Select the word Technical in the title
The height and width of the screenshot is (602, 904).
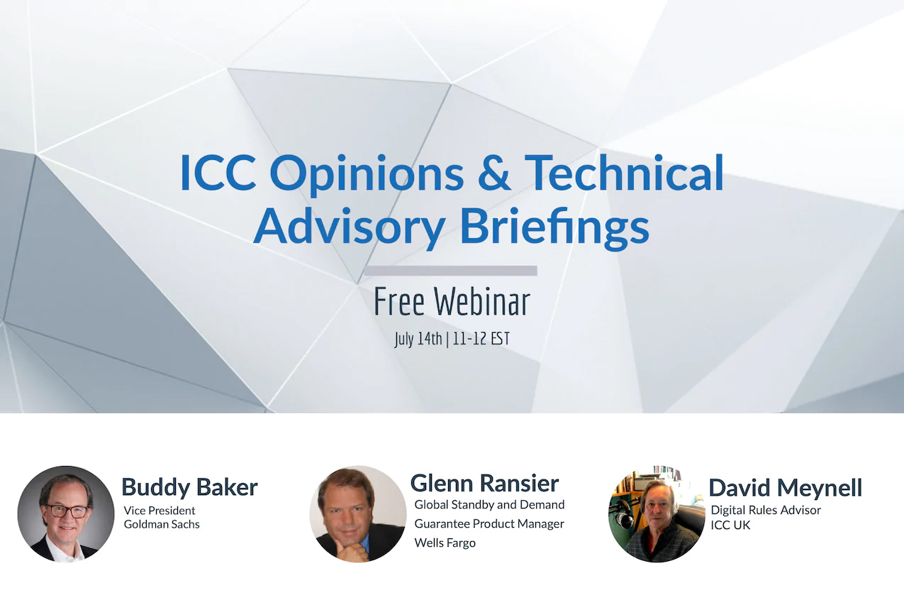coord(624,172)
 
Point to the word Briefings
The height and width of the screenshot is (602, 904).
coord(555,227)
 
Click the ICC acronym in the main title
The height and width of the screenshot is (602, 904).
coord(218,172)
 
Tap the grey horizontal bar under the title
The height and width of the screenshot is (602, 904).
coord(451,271)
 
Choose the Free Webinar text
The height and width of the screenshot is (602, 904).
coord(452,302)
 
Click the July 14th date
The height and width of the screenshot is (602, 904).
coord(418,339)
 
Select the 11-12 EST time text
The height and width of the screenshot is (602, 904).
coord(481,339)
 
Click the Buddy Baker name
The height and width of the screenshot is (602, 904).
coord(189,487)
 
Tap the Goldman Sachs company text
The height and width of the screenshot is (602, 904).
coord(162,524)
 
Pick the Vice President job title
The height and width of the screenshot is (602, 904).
coord(160,511)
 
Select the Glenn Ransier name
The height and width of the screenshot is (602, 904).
coord(485,483)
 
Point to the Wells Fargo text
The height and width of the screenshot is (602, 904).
coord(445,543)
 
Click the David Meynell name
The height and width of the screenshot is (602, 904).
coord(786,487)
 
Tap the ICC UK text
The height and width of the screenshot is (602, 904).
coord(730,525)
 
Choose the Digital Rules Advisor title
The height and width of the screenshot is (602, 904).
coord(766,510)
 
